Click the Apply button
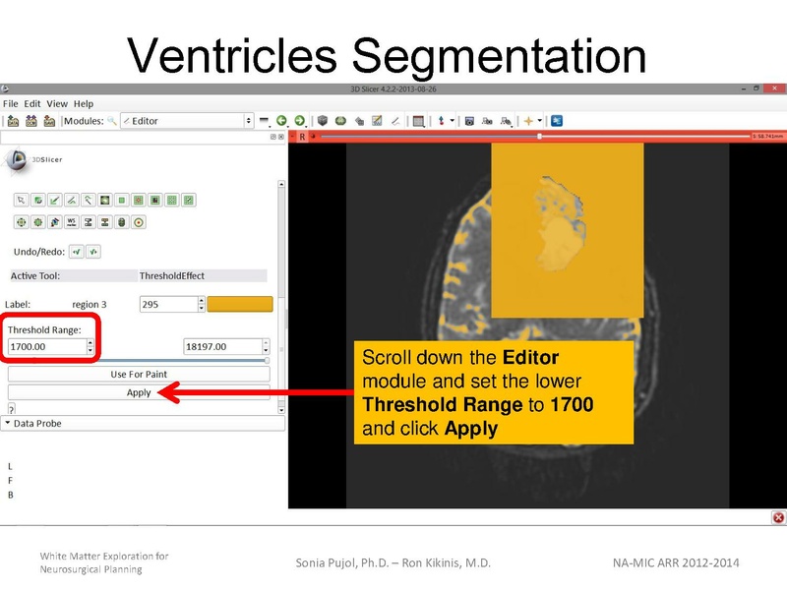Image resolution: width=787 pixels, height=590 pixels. pos(139,392)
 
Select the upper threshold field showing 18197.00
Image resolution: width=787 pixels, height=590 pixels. pos(221,347)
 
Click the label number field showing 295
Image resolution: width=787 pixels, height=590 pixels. pos(167,305)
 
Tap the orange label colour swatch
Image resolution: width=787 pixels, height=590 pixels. pos(239,305)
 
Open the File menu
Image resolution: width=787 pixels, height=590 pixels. pos(11,103)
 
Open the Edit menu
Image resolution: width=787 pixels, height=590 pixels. pos(32,103)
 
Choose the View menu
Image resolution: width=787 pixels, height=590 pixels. pos(57,103)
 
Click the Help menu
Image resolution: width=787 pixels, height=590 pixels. pos(84,103)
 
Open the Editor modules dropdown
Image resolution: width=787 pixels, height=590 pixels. pos(187,121)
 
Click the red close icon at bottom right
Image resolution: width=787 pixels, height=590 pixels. pos(778,517)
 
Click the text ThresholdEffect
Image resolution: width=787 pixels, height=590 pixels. pos(172,276)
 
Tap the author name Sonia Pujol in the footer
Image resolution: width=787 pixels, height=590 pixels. pos(331,562)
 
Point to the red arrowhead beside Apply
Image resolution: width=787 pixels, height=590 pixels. pos(166,393)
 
